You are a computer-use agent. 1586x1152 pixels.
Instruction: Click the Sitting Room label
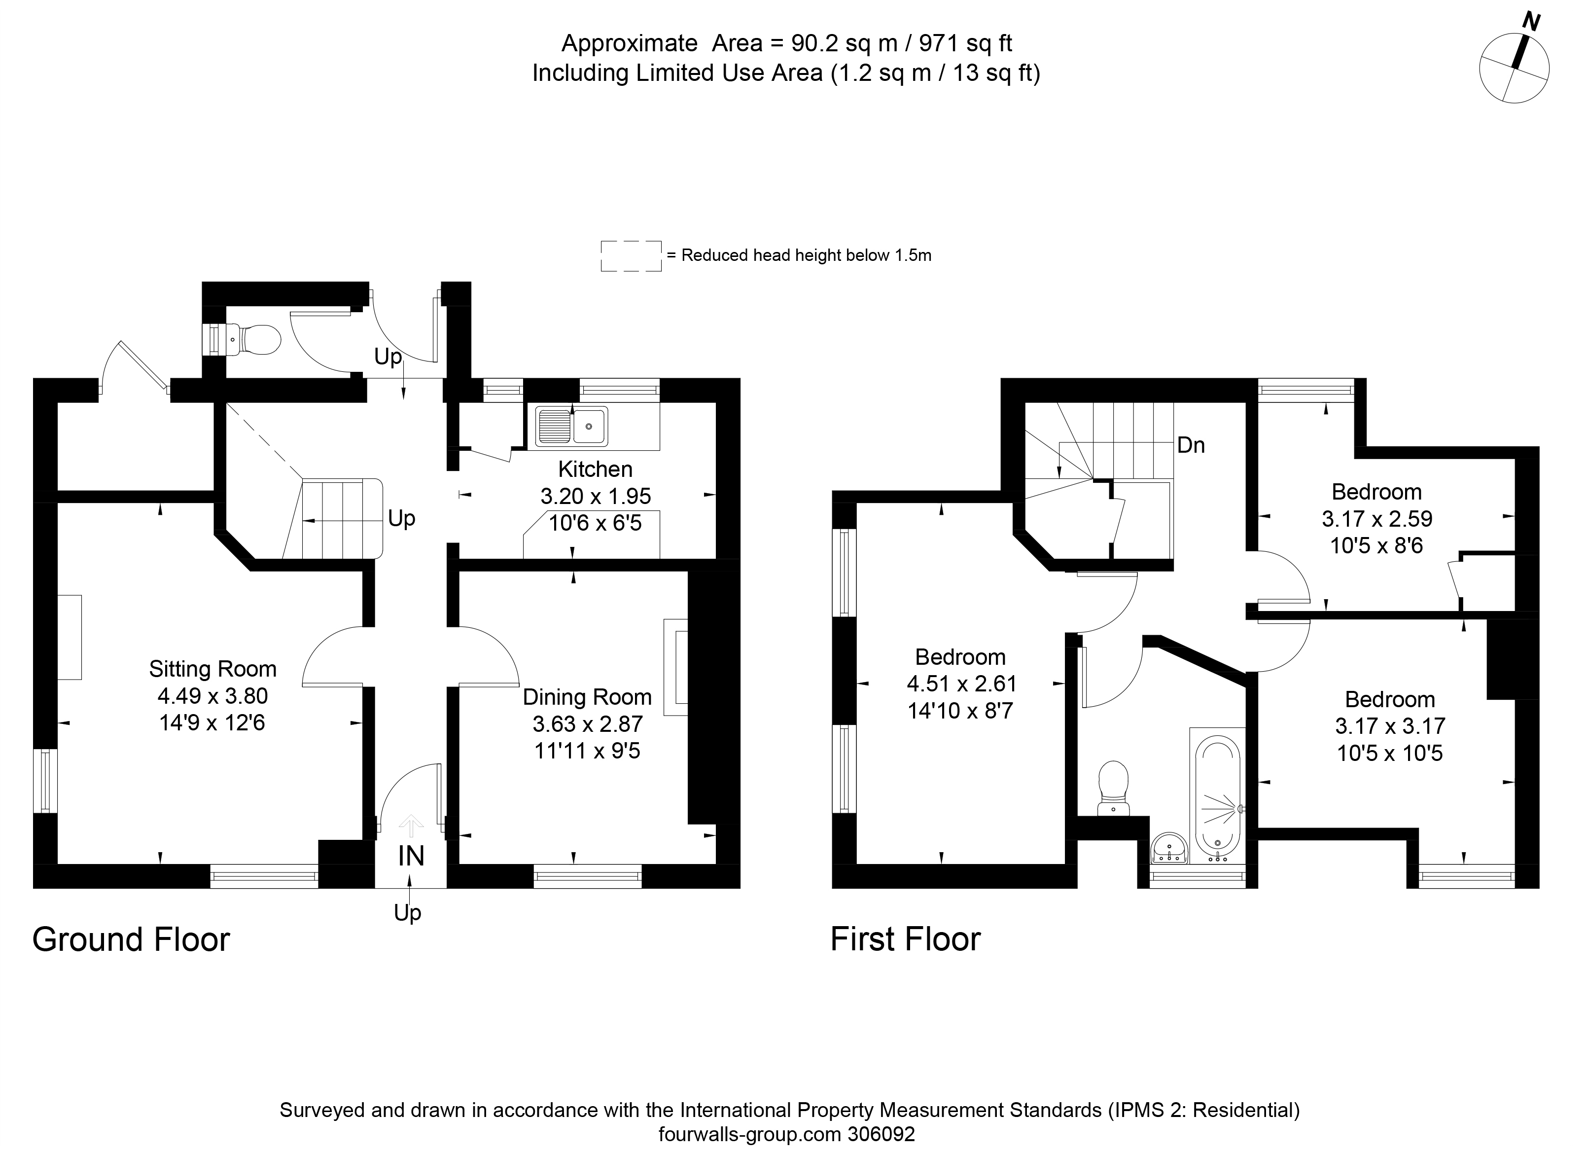click(212, 669)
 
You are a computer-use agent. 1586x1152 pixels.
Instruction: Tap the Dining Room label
click(587, 697)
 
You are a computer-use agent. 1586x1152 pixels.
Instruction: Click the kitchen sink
click(572, 426)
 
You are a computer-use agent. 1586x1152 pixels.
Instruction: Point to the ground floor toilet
click(252, 340)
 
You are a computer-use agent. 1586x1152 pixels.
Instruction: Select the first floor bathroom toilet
click(1114, 788)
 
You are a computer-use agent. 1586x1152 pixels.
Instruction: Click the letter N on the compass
click(1531, 22)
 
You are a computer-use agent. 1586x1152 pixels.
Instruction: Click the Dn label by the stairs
click(1191, 445)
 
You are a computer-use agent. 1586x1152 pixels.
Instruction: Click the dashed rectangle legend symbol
click(631, 256)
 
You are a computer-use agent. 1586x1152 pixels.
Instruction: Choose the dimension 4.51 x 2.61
click(961, 684)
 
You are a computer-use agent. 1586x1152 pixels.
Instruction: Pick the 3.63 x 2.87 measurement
click(587, 723)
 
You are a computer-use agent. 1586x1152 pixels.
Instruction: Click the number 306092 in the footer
click(881, 1134)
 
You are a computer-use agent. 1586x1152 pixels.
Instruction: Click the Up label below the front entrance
click(408, 913)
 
